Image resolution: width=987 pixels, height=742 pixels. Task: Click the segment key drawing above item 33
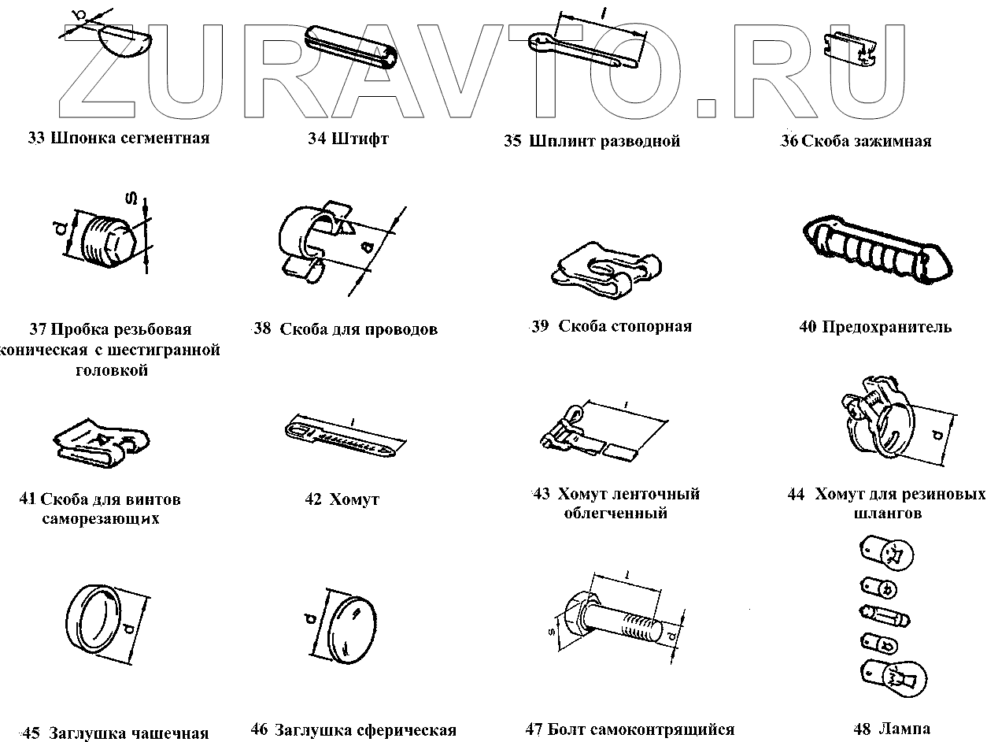(x=122, y=39)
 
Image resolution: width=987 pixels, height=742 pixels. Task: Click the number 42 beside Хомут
(x=313, y=499)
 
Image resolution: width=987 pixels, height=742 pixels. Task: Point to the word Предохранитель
(x=886, y=327)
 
